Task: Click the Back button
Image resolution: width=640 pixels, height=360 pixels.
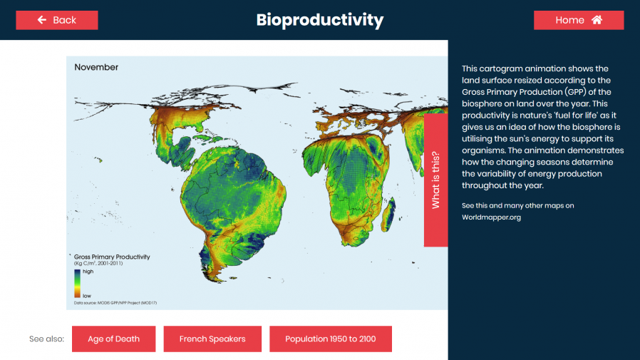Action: [x=57, y=20]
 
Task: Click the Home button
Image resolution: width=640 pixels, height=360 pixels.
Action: [x=578, y=20]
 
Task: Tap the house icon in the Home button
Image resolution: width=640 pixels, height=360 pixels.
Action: [x=597, y=20]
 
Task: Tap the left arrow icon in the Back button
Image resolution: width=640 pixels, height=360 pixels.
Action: [x=42, y=20]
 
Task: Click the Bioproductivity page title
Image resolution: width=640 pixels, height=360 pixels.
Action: [x=319, y=20]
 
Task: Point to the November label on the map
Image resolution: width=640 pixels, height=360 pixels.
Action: [x=96, y=68]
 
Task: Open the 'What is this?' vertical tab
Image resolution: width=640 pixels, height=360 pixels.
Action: [x=435, y=180]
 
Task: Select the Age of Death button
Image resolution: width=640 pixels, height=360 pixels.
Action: [x=113, y=339]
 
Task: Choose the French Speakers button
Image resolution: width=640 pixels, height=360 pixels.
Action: [x=212, y=339]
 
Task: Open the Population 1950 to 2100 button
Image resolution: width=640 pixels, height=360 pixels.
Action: [x=330, y=339]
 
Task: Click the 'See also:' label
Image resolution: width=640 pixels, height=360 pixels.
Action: [x=46, y=339]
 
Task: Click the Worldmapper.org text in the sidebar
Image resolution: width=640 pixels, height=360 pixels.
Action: [x=491, y=217]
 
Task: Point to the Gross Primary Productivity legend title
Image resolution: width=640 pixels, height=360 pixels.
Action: [x=112, y=257]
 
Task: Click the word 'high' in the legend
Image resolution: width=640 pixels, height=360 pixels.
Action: [x=88, y=272]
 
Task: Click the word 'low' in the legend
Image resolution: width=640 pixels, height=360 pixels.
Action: [x=87, y=295]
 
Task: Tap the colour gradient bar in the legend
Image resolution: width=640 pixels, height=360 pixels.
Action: [x=77, y=283]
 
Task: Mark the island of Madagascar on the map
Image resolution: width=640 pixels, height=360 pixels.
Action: [x=388, y=210]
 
